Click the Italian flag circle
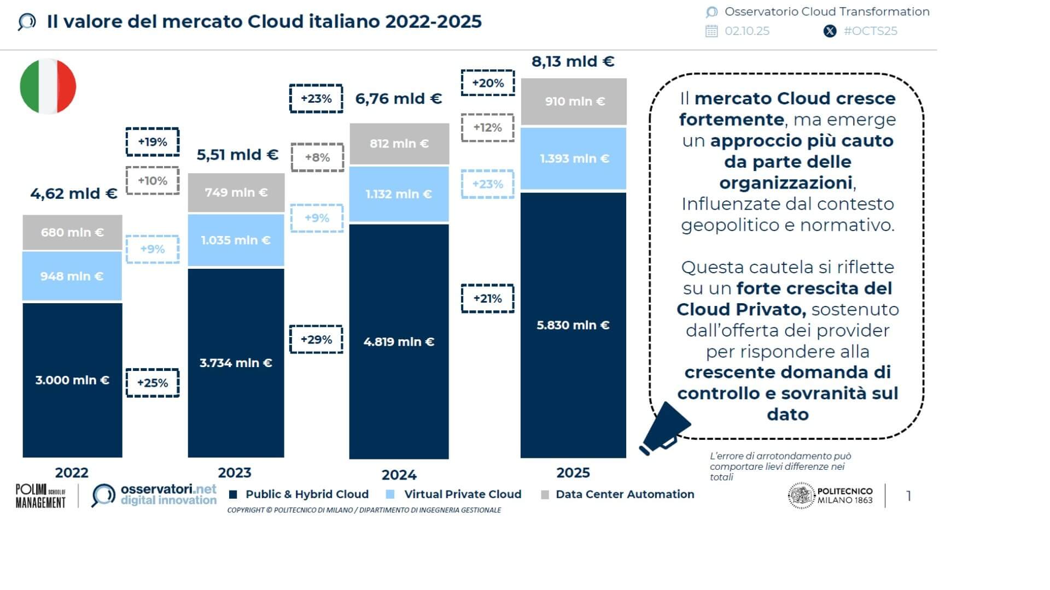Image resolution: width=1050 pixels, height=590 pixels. click(x=48, y=86)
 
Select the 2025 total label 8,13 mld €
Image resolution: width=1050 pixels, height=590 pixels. click(x=573, y=61)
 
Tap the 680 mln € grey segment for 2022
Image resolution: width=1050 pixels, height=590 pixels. click(x=72, y=232)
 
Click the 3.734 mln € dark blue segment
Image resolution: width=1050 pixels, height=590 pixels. click(x=236, y=363)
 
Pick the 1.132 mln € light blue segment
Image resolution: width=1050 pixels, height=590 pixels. click(x=399, y=194)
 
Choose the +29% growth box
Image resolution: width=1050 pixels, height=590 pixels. click(x=316, y=339)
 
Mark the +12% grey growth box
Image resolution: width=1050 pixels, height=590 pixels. click(x=487, y=128)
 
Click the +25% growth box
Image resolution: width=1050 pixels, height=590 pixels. click(x=153, y=383)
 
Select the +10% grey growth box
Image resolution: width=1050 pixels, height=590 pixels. click(x=153, y=181)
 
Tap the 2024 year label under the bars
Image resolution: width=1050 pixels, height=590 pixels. click(x=399, y=475)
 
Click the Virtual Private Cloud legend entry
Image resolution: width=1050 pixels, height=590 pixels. click(x=462, y=494)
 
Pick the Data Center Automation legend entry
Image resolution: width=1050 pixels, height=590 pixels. click(x=625, y=494)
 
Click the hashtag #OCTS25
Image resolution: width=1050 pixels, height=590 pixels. click(x=870, y=31)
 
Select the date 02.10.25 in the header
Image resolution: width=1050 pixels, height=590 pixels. click(x=746, y=31)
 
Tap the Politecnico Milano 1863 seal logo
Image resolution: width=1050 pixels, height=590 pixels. click(x=801, y=495)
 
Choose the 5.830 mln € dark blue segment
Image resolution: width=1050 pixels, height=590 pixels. click(x=573, y=325)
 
